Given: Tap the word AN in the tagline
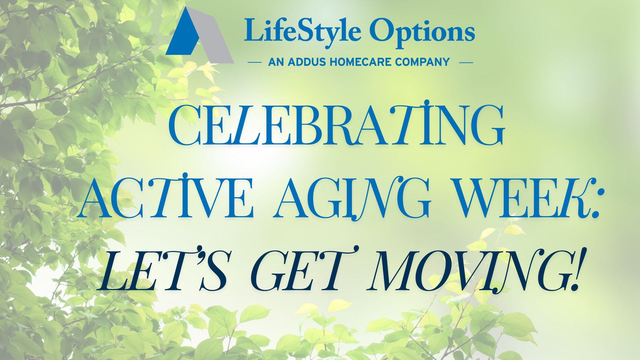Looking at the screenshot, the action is tap(276, 62).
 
